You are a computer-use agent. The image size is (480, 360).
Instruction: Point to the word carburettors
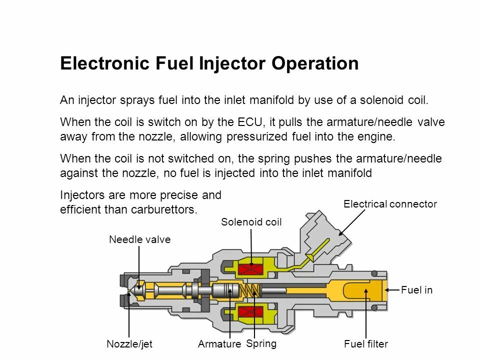pos(166,209)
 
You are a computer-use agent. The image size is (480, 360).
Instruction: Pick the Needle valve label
pos(140,240)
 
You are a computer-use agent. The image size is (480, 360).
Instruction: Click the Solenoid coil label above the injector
pos(251,222)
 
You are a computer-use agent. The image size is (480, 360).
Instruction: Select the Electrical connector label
pos(390,204)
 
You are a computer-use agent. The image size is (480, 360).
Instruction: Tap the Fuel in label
pos(416,290)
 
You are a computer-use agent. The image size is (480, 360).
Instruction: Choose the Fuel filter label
pos(366,344)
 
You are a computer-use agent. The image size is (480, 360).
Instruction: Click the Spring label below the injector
pos(261,343)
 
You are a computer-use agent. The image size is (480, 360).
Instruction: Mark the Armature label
pos(219,344)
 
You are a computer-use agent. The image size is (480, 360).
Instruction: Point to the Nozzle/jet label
pos(129,344)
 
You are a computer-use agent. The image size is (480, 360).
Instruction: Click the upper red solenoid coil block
pos(251,270)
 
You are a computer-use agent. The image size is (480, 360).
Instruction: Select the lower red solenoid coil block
pos(251,313)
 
